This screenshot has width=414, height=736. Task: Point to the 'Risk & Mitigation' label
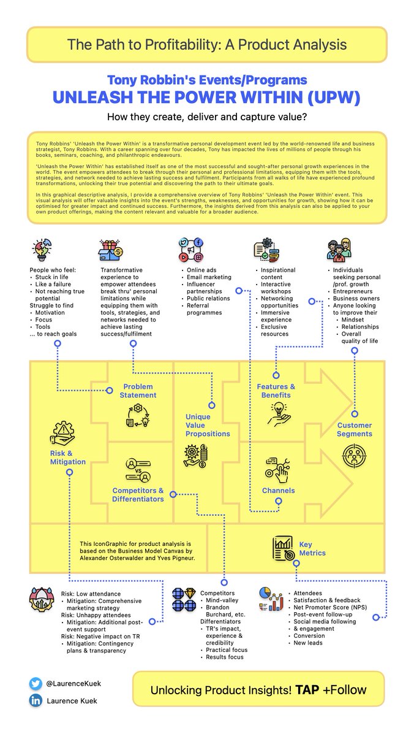point(68,457)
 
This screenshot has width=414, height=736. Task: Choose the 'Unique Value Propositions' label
point(208,425)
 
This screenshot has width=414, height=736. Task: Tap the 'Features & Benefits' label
point(276,391)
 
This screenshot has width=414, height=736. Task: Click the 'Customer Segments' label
point(354,429)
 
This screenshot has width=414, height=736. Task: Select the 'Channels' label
point(278,491)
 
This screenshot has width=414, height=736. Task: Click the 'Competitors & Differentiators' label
point(138,494)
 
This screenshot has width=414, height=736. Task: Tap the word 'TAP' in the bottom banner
point(304,689)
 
